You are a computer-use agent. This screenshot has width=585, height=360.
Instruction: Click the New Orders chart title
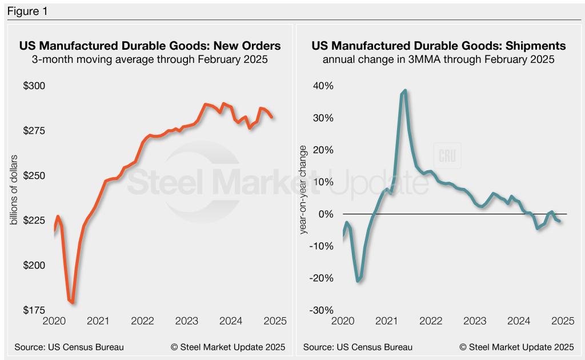tap(150, 46)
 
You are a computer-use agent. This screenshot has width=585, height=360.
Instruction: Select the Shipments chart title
tap(438, 46)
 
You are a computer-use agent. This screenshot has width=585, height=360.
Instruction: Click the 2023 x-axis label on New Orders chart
tap(186, 321)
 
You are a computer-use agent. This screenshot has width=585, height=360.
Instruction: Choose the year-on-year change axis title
tap(303, 198)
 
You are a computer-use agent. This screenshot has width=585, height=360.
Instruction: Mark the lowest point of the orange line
tap(73, 302)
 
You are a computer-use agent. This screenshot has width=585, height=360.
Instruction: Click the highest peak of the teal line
tap(405, 90)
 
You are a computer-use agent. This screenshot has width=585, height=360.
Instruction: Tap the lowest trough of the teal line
tap(358, 281)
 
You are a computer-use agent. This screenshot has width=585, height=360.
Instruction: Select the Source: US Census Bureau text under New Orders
tap(70, 347)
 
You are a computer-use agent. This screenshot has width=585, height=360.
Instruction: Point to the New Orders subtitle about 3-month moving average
tap(150, 59)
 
